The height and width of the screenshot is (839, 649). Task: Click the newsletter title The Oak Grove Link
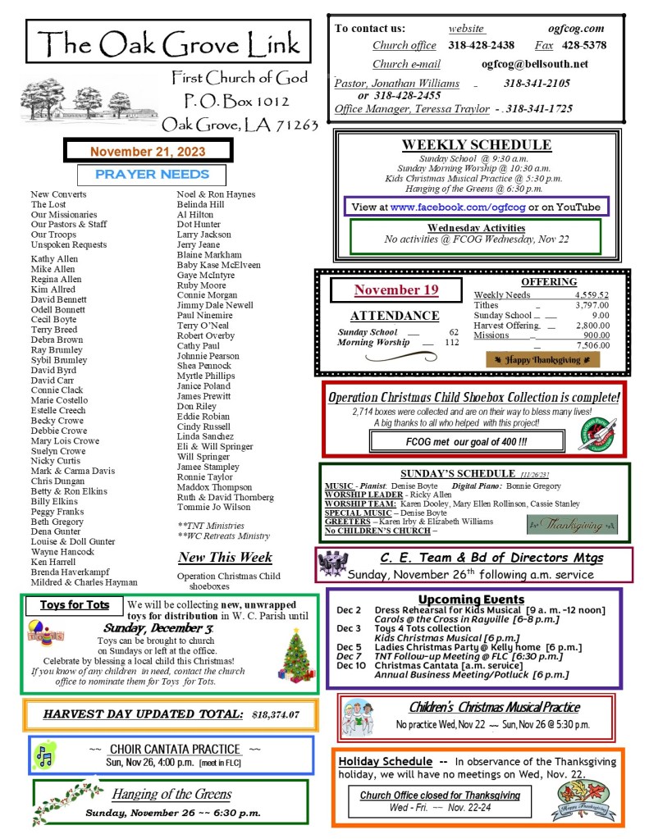tap(168, 42)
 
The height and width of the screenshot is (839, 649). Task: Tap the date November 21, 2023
tap(148, 151)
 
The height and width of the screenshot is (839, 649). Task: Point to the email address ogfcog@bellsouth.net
tap(534, 64)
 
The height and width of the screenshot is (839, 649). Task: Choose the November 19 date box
tap(396, 290)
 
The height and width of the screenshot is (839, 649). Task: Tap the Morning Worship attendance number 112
tap(451, 343)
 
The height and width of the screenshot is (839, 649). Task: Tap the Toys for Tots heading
tap(75, 605)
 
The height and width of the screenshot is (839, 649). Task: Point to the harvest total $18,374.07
tap(276, 715)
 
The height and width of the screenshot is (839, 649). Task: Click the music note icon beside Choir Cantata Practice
tap(46, 755)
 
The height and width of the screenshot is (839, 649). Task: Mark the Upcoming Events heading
tap(471, 599)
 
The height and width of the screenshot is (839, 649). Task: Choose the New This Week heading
tap(225, 558)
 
